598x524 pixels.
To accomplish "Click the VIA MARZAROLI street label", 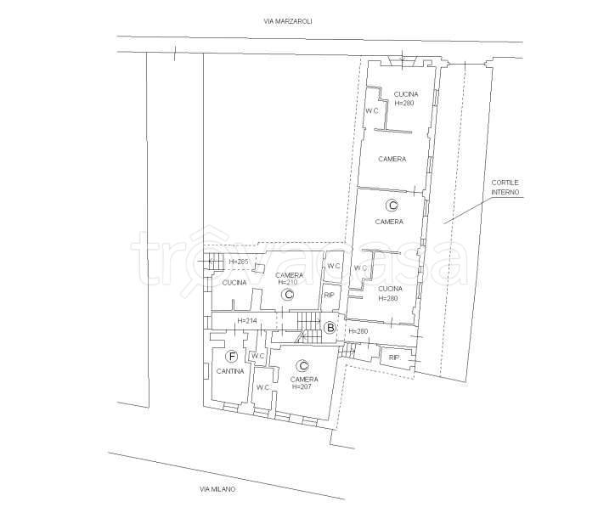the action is tap(288, 21).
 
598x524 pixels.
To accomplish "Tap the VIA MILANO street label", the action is tap(217, 489).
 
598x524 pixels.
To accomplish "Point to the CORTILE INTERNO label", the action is tap(505, 187).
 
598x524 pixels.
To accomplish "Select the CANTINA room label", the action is tap(230, 371).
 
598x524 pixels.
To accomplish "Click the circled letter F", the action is tap(232, 357).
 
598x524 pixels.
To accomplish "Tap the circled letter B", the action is tap(330, 328).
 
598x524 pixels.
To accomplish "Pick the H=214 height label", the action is tap(247, 321).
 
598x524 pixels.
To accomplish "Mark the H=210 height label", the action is tap(288, 282).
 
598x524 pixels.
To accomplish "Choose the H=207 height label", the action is tap(302, 386).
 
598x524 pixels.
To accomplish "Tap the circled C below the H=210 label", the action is tap(288, 295).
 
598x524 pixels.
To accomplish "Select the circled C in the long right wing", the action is tap(392, 206).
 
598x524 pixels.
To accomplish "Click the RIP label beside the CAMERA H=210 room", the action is tap(329, 296).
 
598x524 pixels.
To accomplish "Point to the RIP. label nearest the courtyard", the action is tap(395, 358).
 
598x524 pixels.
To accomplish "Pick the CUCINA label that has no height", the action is tap(234, 283).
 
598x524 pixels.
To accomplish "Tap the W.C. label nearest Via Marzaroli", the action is tap(373, 111).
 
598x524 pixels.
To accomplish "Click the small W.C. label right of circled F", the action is tap(258, 356).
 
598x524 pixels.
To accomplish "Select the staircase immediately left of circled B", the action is tap(309, 327).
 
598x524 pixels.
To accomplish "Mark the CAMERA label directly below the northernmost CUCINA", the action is tap(392, 159).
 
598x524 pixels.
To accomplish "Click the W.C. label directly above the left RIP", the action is tap(334, 266).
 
